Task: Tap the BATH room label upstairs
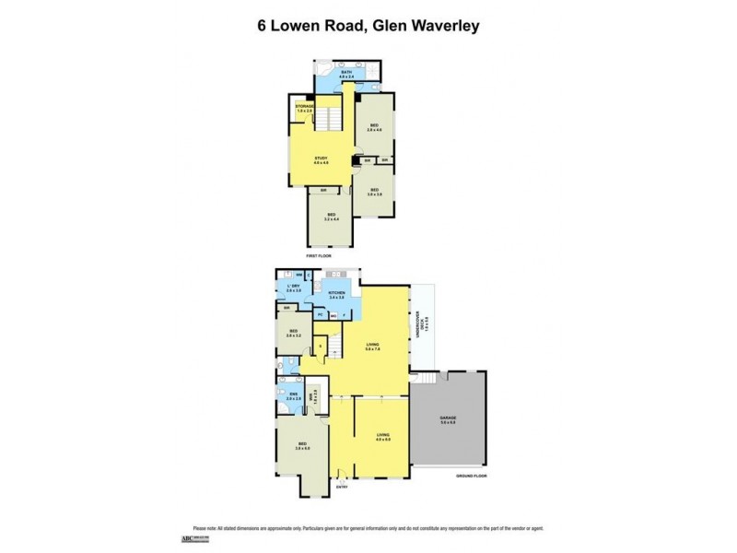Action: (x=346, y=73)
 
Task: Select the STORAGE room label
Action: (x=304, y=108)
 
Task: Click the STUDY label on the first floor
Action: (x=321, y=160)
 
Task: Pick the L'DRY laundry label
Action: (x=293, y=288)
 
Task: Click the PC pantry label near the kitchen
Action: (x=320, y=315)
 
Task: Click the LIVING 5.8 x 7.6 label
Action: (x=373, y=348)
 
